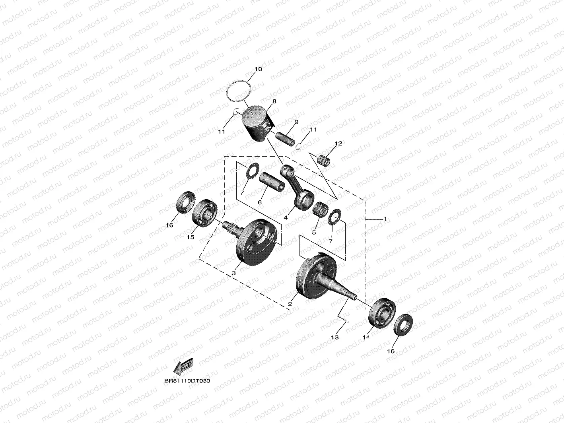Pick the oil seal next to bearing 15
185,202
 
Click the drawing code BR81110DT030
187,380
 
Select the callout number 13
335,337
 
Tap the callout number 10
258,69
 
